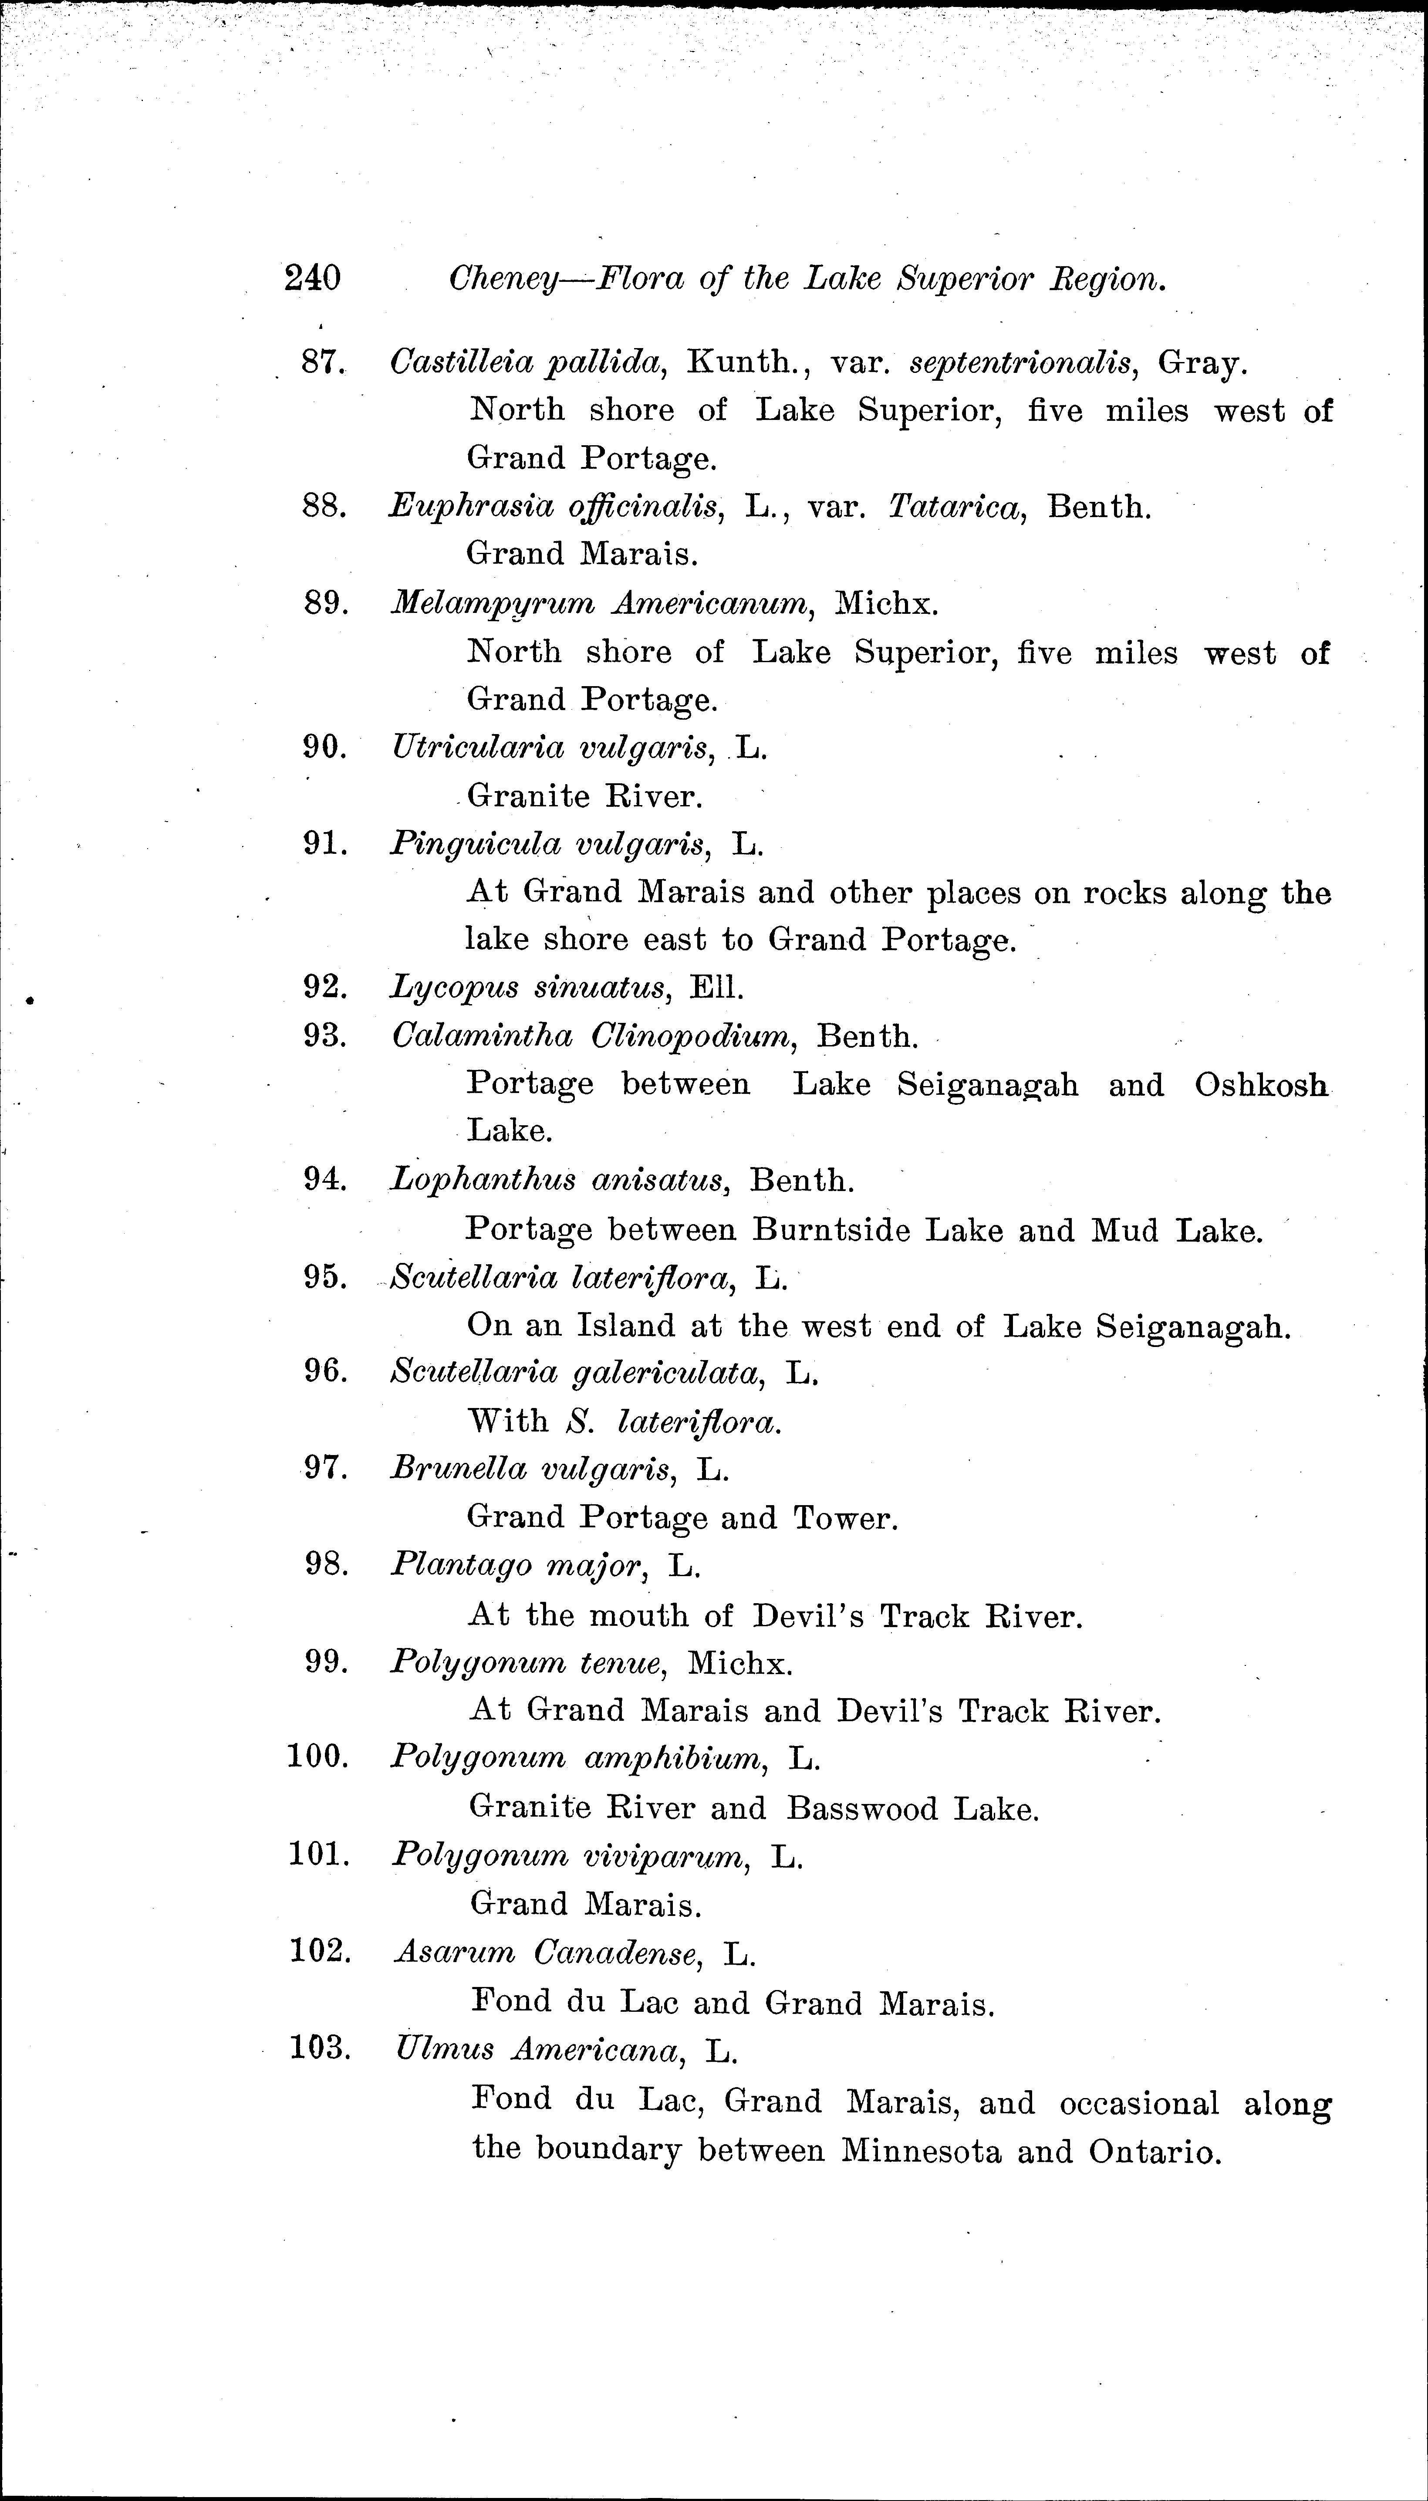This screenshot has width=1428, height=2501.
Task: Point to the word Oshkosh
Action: pos(1261,1085)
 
